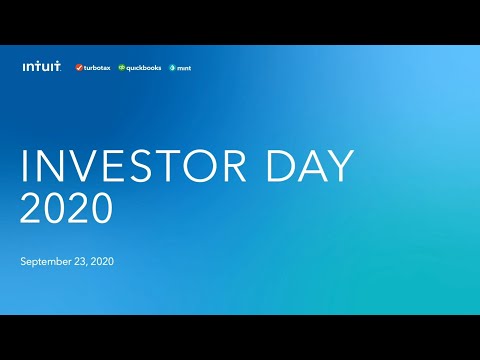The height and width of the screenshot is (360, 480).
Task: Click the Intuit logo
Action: pos(41,67)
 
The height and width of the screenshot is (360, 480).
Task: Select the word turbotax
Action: pos(97,68)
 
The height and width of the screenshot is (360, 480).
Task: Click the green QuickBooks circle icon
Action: pos(122,68)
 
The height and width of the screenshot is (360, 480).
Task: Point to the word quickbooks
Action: pos(144,68)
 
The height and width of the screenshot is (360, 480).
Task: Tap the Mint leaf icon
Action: pos(172,68)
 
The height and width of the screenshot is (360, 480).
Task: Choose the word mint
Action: pos(184,68)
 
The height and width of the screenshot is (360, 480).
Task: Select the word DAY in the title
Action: pos(308,167)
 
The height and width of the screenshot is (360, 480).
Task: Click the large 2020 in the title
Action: pos(66,209)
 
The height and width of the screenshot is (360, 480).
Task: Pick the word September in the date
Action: pos(44,262)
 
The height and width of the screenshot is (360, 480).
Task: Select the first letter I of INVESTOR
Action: pos(25,167)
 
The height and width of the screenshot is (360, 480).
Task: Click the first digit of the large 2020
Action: pos(32,209)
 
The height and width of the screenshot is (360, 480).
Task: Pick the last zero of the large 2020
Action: pos(101,209)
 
